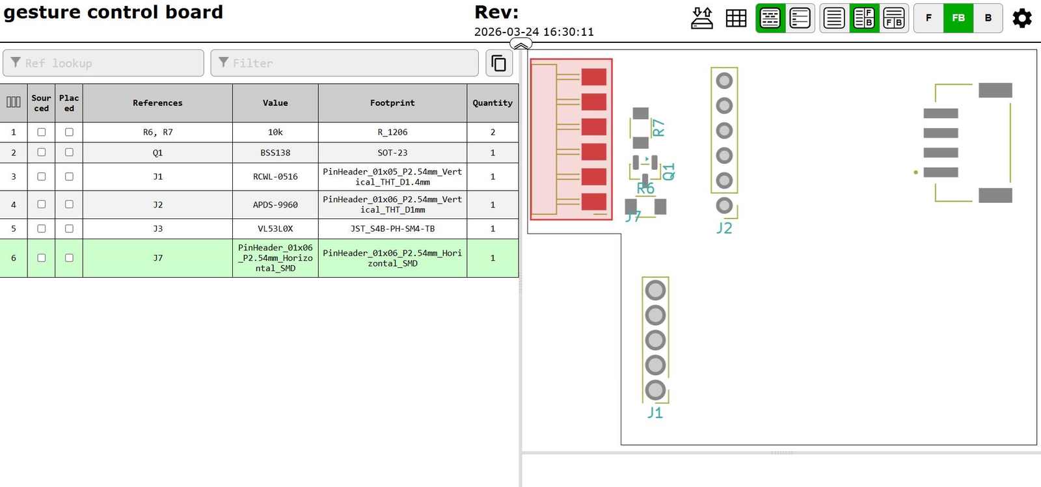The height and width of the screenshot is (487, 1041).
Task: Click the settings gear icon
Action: point(1022,18)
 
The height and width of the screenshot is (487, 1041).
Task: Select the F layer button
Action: point(928,18)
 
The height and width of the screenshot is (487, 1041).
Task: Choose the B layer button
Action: point(988,18)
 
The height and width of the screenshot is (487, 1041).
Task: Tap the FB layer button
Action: point(958,18)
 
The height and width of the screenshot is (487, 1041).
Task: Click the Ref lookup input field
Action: point(103,63)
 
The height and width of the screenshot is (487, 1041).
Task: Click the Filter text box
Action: point(344,63)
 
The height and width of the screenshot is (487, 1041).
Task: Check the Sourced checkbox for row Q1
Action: point(42,152)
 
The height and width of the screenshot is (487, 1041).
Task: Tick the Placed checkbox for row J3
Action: point(69,228)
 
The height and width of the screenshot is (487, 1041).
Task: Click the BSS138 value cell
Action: point(275,153)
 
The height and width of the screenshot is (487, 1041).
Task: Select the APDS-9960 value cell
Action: point(275,205)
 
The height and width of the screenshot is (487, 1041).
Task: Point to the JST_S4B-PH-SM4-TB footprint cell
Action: point(392,229)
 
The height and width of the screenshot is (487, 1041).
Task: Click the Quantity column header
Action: point(493,103)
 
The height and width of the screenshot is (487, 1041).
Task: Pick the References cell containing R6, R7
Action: point(157,132)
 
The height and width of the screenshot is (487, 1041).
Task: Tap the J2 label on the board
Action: point(724,228)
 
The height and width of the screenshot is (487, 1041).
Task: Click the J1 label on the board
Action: point(655,413)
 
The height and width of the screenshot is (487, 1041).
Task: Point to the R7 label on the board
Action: point(659,127)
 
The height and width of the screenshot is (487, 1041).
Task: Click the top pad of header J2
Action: point(724,81)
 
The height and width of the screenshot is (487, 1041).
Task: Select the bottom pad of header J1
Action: point(655,390)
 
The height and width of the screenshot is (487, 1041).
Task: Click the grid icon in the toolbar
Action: point(736,18)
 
